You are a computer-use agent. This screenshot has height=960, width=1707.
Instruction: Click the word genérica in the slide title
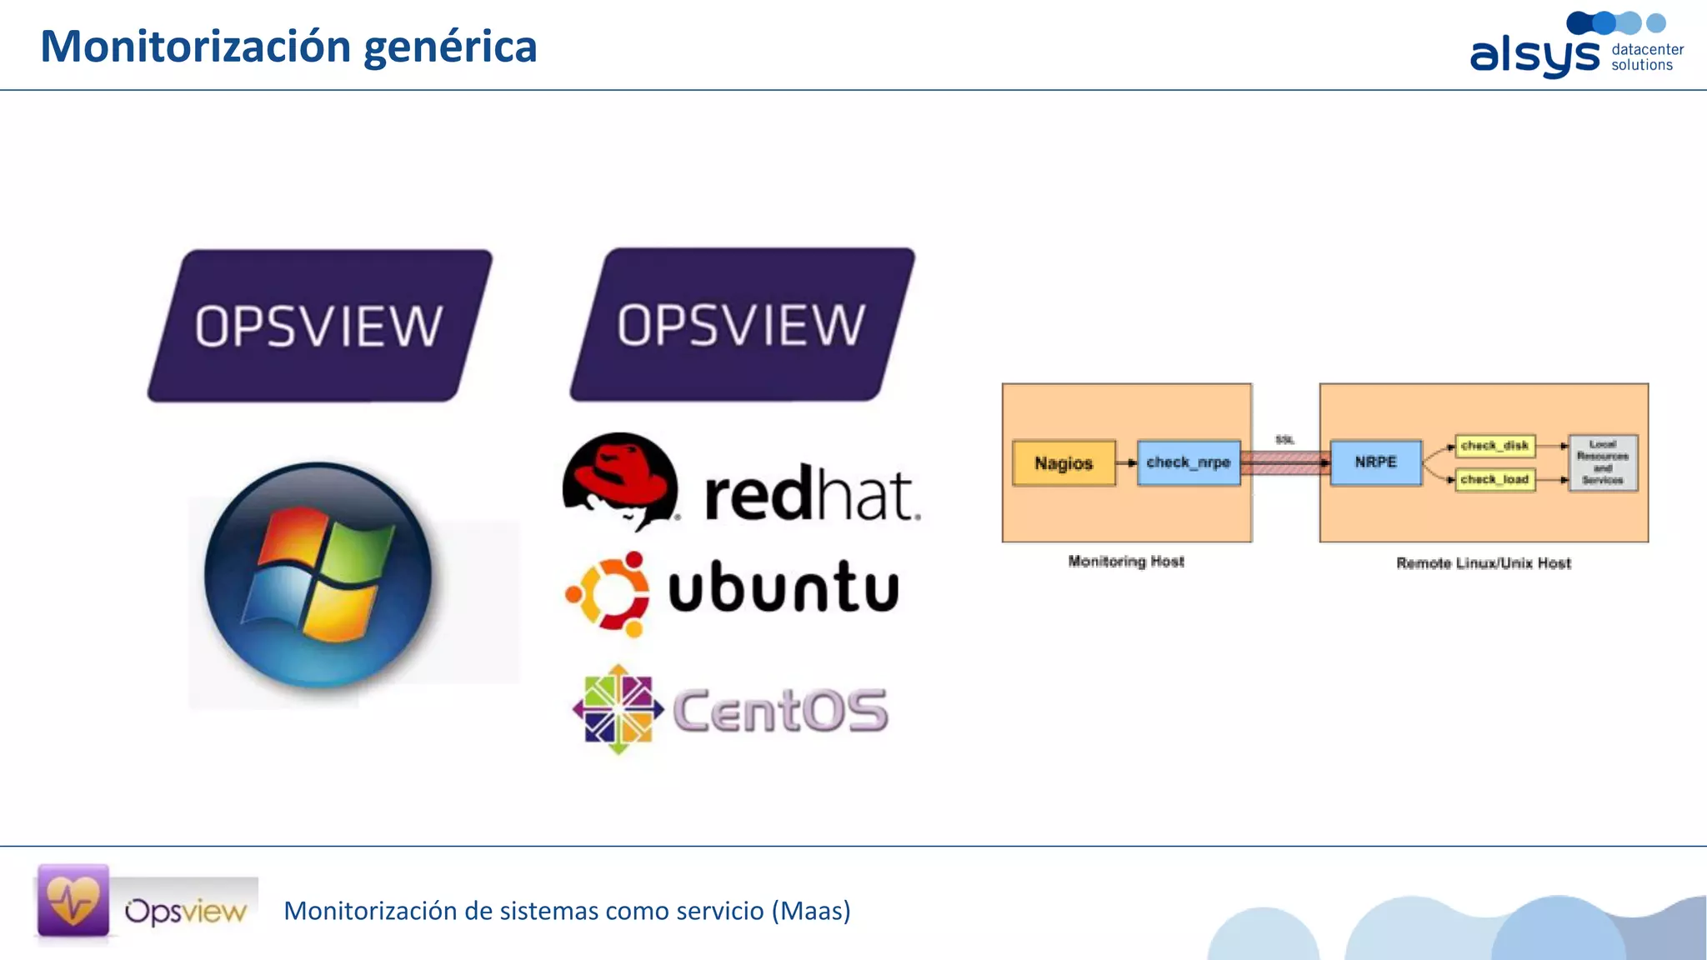coord(450,47)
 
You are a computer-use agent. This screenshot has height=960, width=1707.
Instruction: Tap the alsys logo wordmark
coord(1534,56)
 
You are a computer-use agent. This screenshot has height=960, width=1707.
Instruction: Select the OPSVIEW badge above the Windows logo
coord(319,326)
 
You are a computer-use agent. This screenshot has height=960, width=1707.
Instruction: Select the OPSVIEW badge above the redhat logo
coord(742,324)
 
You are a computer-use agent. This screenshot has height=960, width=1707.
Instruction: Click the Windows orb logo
coord(318,575)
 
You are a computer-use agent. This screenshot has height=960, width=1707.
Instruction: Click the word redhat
coord(812,495)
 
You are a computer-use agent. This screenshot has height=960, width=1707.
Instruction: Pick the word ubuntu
coord(783,587)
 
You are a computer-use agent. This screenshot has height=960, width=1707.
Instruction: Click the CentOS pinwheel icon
coord(618,709)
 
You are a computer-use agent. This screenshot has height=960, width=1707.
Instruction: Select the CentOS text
coord(780,711)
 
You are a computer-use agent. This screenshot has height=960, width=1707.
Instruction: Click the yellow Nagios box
coord(1064,463)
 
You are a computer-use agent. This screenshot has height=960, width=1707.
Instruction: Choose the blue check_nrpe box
coord(1188,462)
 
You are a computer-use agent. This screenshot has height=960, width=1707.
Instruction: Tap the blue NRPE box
coord(1375,462)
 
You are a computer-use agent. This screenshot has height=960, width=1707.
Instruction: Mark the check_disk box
coord(1494,446)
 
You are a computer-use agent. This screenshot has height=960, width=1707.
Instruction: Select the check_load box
coord(1494,479)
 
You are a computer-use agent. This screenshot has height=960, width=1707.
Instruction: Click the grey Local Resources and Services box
coord(1602,462)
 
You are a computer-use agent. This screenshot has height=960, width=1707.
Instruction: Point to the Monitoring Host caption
coord(1125,562)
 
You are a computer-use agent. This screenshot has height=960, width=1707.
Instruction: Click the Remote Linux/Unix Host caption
coord(1483,563)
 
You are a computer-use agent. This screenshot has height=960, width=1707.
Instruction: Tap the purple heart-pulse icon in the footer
coord(73,901)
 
